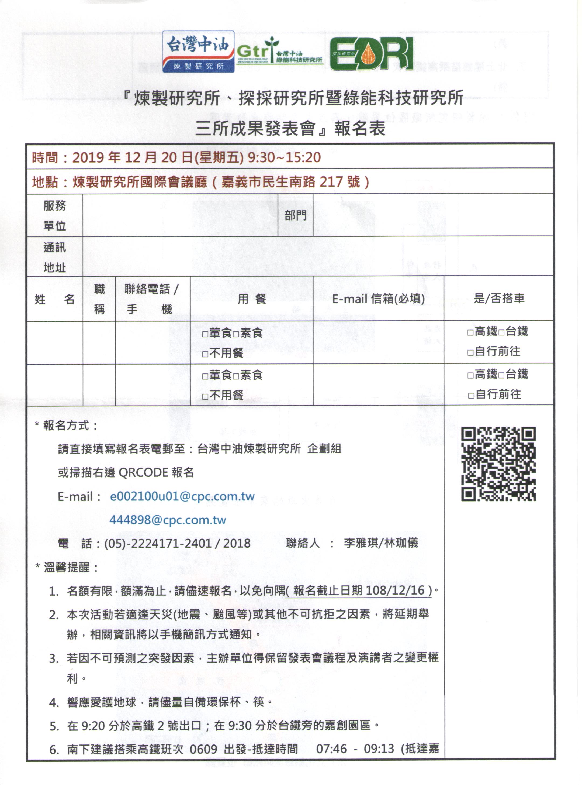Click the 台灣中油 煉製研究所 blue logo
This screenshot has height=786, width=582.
[198, 52]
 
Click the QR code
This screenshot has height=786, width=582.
[498, 464]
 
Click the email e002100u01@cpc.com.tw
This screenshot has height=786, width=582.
[182, 496]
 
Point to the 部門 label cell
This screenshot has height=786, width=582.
[295, 215]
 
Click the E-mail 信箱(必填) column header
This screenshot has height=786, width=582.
[378, 298]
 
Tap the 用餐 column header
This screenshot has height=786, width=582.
[252, 299]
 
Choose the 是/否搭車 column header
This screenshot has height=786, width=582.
[499, 298]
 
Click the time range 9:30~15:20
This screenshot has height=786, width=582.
[284, 157]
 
